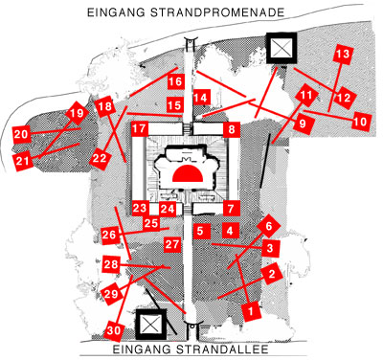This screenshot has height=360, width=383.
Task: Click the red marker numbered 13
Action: (x=343, y=54)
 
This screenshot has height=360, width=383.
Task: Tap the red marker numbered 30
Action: (x=113, y=330)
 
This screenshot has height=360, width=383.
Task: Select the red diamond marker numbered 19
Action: (x=77, y=113)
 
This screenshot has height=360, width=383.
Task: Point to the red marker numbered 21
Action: (x=23, y=161)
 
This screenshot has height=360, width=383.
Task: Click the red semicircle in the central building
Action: (x=189, y=173)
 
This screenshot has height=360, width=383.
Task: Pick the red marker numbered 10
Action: (x=361, y=122)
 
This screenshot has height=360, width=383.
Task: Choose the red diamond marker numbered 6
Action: (x=268, y=226)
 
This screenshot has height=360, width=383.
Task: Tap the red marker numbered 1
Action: (x=251, y=310)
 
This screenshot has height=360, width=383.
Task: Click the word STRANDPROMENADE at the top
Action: (x=217, y=12)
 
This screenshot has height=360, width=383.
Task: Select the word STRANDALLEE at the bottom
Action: (x=222, y=349)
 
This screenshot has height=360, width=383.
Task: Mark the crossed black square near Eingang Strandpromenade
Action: (x=282, y=48)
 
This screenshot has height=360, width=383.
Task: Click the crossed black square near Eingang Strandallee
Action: (x=151, y=324)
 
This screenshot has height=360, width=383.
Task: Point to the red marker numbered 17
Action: (x=140, y=129)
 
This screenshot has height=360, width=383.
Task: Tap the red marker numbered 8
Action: (x=232, y=129)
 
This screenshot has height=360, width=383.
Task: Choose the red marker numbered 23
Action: (x=140, y=209)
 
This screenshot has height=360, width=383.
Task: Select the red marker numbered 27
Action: (x=172, y=244)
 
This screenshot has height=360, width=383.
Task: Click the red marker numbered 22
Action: (x=100, y=158)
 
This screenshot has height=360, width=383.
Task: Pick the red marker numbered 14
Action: (x=201, y=98)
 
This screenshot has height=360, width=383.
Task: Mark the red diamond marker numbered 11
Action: (x=306, y=95)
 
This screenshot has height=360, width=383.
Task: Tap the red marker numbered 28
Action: (x=111, y=264)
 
